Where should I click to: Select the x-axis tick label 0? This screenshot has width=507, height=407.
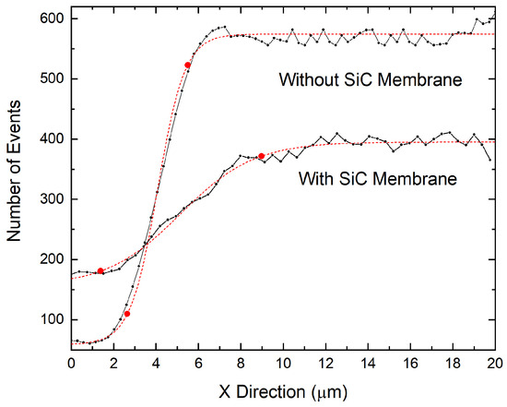point(72,364)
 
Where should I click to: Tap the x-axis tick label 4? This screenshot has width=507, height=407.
point(156,364)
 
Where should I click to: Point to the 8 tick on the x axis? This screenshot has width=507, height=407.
point(241,364)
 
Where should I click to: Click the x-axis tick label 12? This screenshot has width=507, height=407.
point(325,364)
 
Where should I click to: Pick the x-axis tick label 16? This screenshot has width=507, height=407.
point(410,364)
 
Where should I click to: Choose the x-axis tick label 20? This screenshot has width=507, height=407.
point(494,364)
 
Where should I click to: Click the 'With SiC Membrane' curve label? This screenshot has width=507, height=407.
point(377,177)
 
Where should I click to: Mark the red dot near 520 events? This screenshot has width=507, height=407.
point(188,66)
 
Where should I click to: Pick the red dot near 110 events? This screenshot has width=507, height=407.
point(127,314)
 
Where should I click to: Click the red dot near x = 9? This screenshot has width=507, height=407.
point(262,156)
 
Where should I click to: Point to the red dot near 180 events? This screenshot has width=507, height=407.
point(100,270)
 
